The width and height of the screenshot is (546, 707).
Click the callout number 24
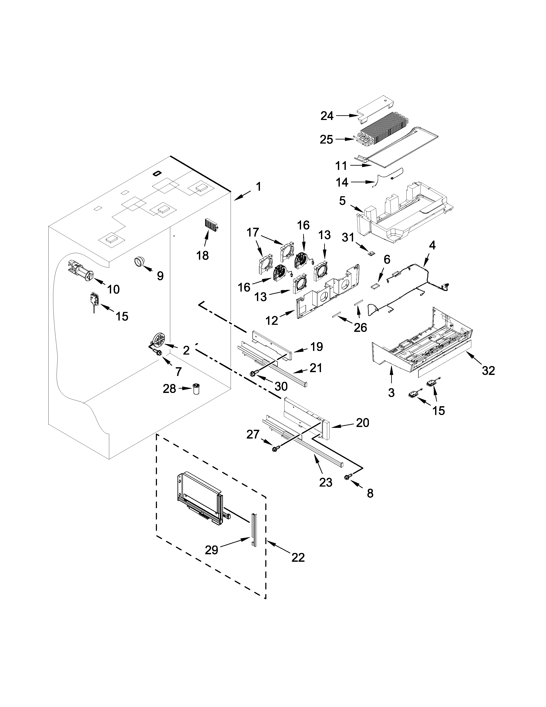[x=327, y=116]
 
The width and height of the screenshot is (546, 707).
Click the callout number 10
[x=113, y=289]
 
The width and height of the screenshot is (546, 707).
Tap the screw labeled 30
[x=253, y=374]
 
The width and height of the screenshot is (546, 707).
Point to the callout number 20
[x=362, y=422]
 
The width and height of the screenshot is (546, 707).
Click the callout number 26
[x=360, y=328]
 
